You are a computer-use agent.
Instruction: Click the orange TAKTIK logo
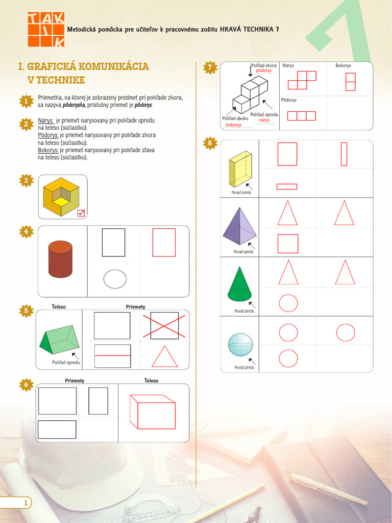coord(46,30)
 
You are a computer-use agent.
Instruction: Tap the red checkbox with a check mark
coord(81,213)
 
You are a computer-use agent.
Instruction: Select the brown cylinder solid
coord(60,259)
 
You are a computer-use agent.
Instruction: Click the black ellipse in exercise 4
coord(115,279)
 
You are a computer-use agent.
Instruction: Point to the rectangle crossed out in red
coord(164,325)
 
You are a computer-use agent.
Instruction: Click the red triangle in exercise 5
coord(164,356)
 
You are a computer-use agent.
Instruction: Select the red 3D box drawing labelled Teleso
coord(152,412)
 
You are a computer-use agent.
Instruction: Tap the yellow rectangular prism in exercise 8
coord(240,170)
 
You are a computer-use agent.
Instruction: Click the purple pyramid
coord(240,226)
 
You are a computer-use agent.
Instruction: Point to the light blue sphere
coord(240,345)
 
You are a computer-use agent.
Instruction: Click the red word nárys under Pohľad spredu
coord(264,121)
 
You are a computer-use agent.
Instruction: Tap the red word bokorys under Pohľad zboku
coord(234,125)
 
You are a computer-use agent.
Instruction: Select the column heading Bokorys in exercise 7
coord(343,66)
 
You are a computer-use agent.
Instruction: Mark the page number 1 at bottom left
coord(25,504)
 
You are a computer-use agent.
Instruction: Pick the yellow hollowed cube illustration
coord(61,197)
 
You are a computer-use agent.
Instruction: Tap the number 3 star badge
coord(26,180)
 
